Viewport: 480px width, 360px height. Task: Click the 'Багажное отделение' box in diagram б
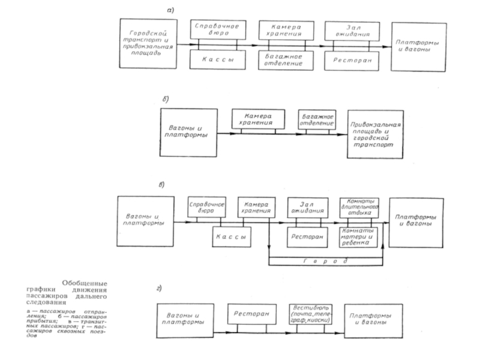coord(316,119)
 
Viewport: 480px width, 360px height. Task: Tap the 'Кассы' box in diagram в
coord(231,237)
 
